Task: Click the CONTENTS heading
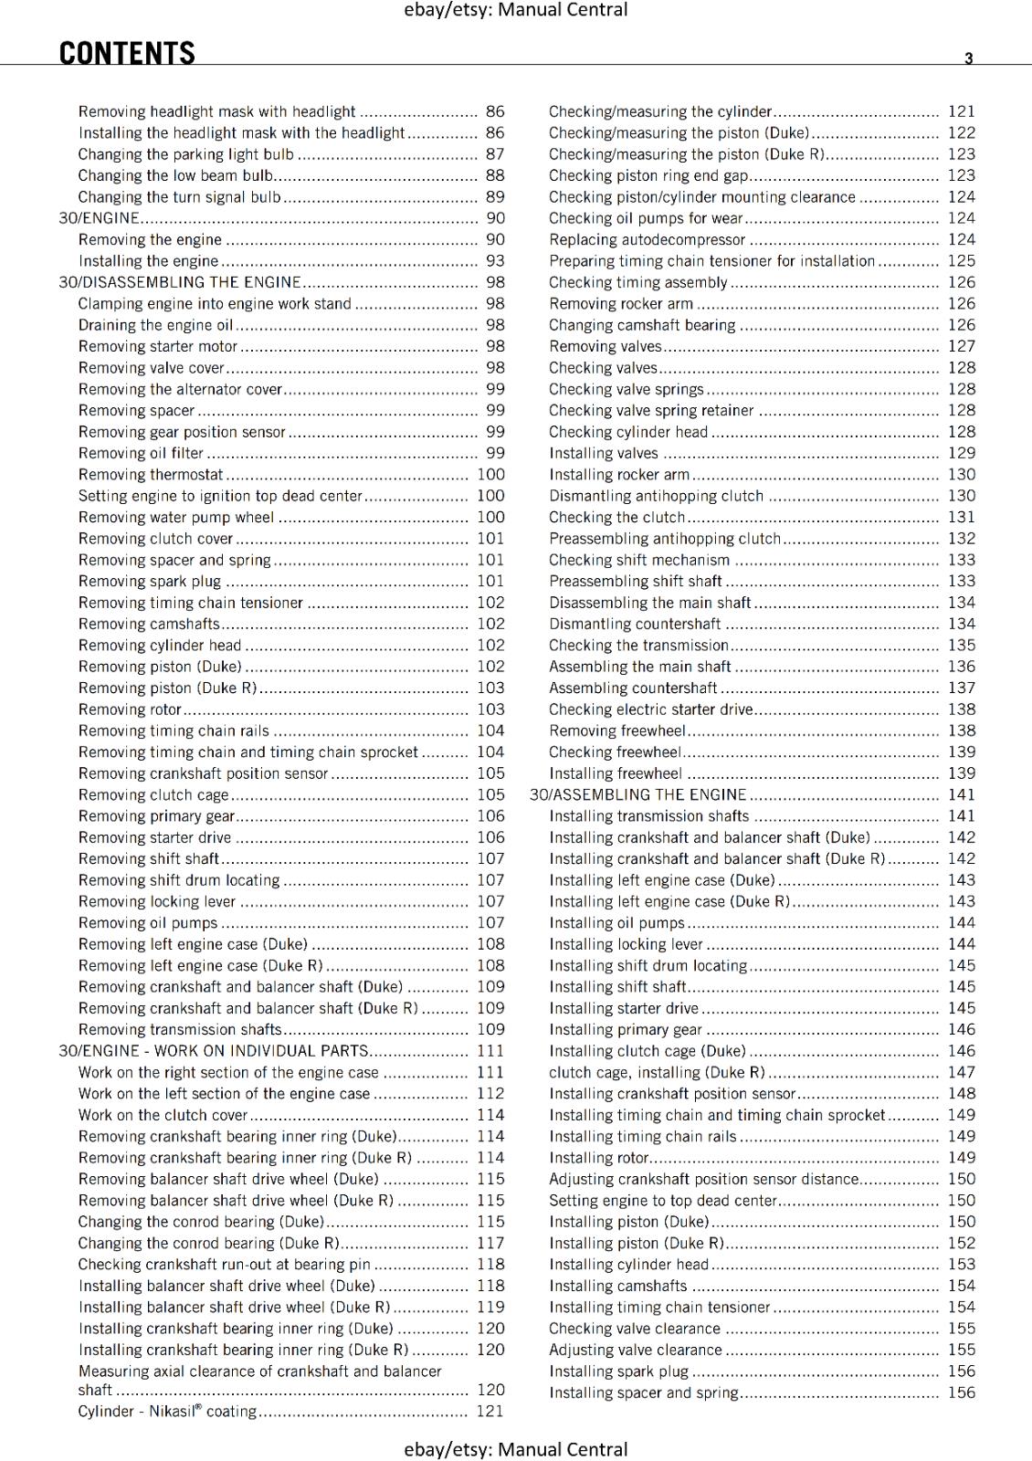tap(127, 54)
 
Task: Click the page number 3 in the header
tap(969, 58)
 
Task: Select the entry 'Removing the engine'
tap(150, 240)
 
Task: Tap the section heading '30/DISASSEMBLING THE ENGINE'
tap(180, 282)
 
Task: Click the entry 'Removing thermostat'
tap(151, 475)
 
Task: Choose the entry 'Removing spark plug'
tap(150, 582)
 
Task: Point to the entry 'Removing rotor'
tap(130, 709)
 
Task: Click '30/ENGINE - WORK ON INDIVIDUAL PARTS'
tap(214, 1051)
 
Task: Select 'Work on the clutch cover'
tap(163, 1115)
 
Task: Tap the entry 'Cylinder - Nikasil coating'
tap(167, 1412)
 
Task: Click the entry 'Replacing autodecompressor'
tap(647, 240)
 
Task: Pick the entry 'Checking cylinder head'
tap(628, 432)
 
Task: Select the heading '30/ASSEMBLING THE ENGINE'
tap(638, 795)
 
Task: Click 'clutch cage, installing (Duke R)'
tap(657, 1073)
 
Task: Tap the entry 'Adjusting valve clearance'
tap(636, 1351)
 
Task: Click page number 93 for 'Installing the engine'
tap(495, 261)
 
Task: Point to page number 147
tap(962, 1073)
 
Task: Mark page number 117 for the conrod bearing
tap(490, 1244)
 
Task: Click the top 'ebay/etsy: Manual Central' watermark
tap(516, 10)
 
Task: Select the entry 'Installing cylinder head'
tap(628, 1265)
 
